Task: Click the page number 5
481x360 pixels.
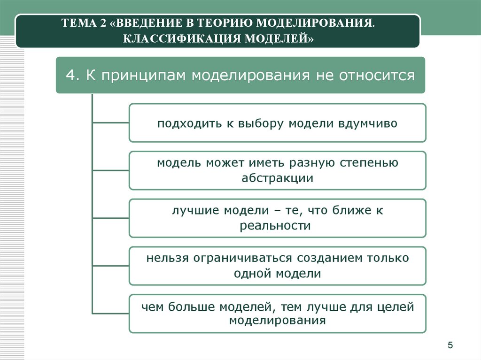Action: [450, 345]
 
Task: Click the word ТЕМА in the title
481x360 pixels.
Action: [78, 23]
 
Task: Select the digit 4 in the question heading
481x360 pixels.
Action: [70, 75]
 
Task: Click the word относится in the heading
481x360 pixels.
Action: [377, 76]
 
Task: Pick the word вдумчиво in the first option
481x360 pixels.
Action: [368, 123]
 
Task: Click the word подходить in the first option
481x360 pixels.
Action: [189, 124]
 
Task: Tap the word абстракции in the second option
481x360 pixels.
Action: [277, 178]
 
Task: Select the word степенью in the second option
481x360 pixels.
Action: [369, 163]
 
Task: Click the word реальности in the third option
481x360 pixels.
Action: [275, 226]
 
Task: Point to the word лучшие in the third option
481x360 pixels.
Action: [195, 211]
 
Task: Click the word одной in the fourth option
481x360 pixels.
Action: [252, 274]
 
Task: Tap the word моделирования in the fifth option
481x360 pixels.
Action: [277, 321]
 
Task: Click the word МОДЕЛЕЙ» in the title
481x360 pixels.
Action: [279, 39]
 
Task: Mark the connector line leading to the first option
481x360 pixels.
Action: [110, 123]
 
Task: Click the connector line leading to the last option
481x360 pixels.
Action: [110, 314]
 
